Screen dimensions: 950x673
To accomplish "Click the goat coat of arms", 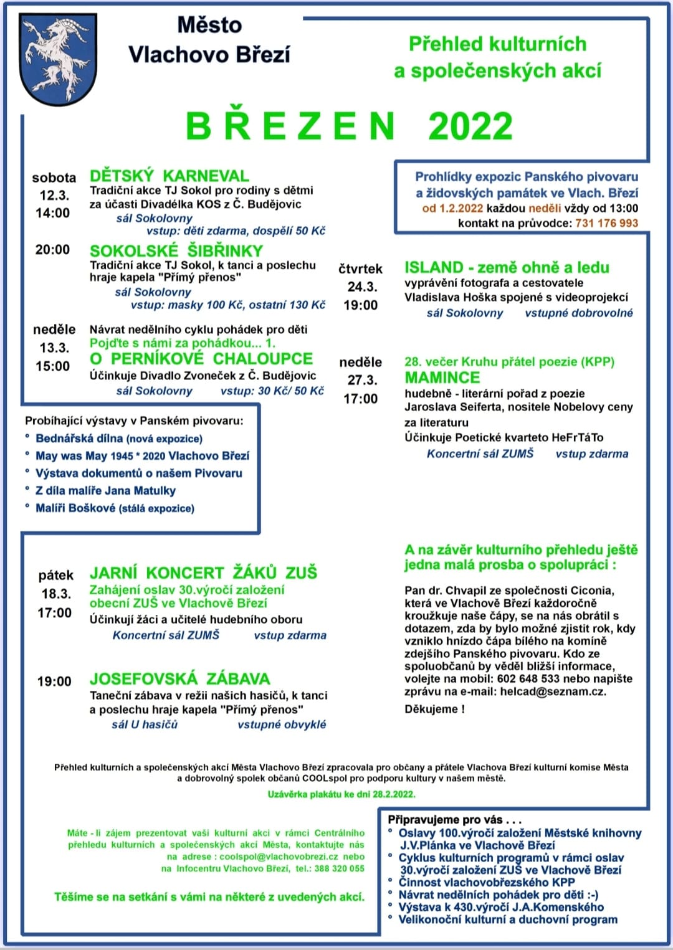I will point(59,59).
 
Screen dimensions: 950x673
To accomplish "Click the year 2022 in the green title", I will point(470,126).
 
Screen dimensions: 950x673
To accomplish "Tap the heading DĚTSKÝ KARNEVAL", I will point(169,176).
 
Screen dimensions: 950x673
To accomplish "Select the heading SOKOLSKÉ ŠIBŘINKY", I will point(176,251).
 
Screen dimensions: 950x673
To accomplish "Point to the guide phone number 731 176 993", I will point(606,223).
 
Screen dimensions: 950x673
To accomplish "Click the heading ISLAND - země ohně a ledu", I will point(507,268).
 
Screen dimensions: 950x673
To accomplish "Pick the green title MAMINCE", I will point(442,378).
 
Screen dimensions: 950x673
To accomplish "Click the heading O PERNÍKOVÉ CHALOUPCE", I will point(201,359).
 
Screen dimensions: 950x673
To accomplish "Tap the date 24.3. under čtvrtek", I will point(362,287).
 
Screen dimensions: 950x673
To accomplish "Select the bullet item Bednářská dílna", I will point(79,439).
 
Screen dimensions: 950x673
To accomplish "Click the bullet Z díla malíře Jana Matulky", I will point(105,491).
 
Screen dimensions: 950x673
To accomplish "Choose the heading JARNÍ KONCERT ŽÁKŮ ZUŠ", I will point(203,572).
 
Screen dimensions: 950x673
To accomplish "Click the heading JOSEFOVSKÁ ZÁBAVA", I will point(179,678).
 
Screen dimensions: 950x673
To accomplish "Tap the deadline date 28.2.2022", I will point(394,794).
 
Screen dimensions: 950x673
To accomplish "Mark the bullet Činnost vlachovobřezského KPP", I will point(486,882).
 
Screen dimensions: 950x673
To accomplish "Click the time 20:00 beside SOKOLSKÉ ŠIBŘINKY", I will point(53,250).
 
